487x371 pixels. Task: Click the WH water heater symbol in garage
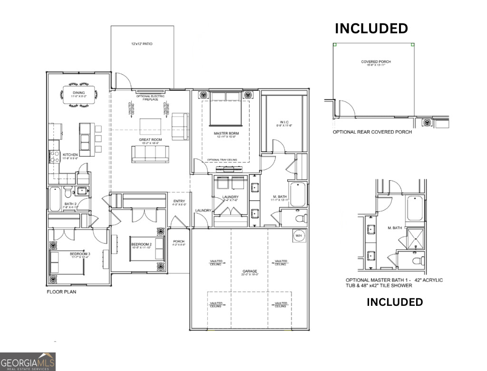click(x=299, y=235)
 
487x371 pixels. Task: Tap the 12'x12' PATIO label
click(x=142, y=44)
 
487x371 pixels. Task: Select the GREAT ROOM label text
click(x=150, y=139)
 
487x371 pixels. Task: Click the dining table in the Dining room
click(x=79, y=95)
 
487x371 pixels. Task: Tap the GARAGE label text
click(x=249, y=272)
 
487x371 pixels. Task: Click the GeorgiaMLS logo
click(x=28, y=361)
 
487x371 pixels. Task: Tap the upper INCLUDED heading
click(x=371, y=29)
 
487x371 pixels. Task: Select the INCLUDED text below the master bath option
click(x=394, y=302)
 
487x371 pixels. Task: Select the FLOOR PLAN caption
click(x=61, y=292)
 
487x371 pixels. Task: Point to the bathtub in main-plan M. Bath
click(x=298, y=194)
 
